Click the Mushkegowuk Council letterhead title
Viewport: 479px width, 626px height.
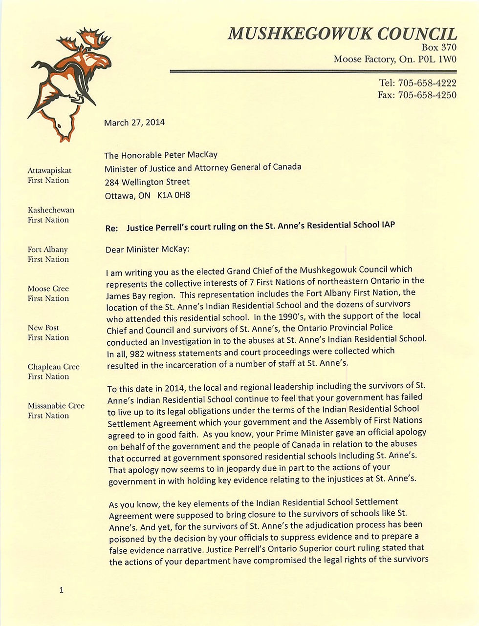point(342,34)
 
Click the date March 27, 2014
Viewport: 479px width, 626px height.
point(134,123)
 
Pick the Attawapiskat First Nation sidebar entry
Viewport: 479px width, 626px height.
point(49,175)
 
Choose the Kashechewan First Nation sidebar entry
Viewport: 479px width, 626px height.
point(51,215)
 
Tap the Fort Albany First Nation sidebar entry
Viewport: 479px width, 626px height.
point(48,254)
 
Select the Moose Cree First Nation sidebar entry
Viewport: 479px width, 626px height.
point(48,293)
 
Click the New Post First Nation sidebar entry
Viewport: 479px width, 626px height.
point(48,333)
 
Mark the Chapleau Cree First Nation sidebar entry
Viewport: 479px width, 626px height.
point(53,372)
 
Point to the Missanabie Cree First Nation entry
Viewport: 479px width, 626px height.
point(56,411)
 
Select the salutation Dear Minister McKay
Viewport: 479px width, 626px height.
point(147,249)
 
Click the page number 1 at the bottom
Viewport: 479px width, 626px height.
point(61,590)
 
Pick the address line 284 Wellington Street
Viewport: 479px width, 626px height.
point(147,182)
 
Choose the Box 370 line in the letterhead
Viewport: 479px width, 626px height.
point(438,47)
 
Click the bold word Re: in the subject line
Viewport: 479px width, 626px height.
point(112,228)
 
